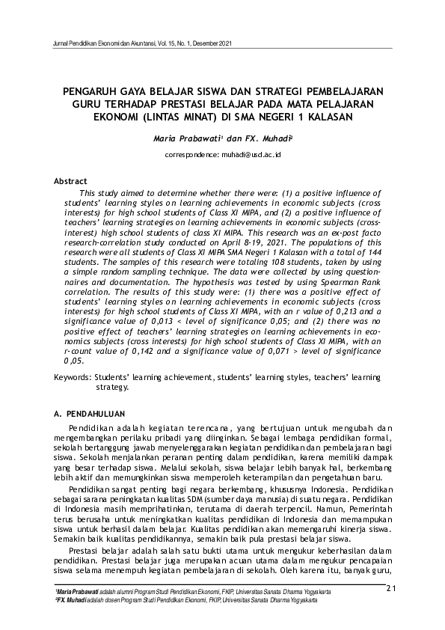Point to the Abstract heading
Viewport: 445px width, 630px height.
tap(70, 181)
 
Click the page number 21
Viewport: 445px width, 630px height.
tap(390, 588)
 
